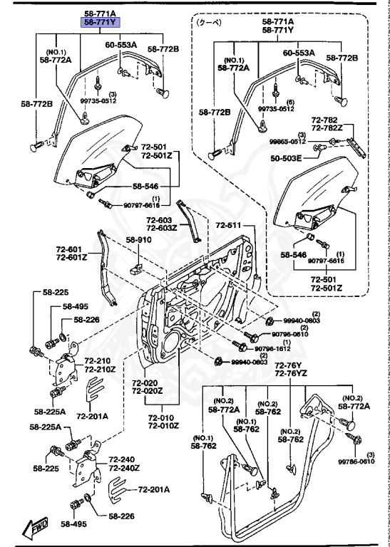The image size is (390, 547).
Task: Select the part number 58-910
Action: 140,240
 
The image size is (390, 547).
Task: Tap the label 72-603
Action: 160,220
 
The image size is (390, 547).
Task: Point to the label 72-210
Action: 100,361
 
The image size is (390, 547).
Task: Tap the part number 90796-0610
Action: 289,334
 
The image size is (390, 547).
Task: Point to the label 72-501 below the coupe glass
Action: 326,279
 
